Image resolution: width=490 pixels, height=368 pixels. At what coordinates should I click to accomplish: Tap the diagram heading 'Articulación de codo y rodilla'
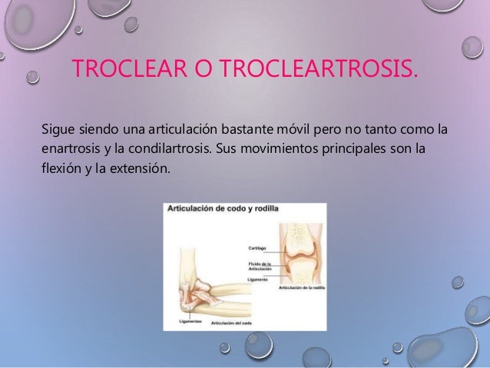223,208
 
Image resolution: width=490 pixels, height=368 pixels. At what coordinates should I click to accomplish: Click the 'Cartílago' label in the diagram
259,248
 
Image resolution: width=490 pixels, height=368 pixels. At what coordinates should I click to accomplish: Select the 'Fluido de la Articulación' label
262,267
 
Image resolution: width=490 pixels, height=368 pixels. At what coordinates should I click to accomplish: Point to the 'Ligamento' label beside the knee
259,280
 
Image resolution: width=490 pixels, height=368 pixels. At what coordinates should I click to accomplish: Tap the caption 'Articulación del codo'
230,323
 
